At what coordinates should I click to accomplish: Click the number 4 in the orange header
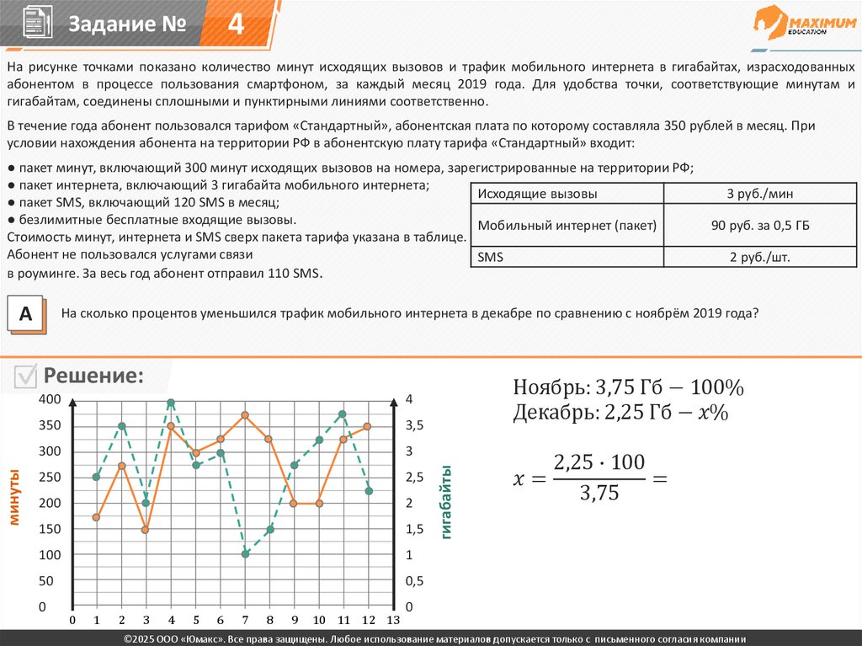coord(237,24)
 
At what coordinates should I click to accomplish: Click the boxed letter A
coord(26,314)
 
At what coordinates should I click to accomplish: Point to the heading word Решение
coord(93,376)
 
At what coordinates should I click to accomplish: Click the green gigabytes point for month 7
coord(246,553)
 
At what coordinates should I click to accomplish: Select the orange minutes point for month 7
coord(245,415)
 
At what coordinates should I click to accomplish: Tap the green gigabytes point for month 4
coord(172,403)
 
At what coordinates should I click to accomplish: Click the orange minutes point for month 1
coord(97,517)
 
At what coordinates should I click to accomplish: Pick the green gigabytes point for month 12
coord(369,491)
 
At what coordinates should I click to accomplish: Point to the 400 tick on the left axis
coord(51,399)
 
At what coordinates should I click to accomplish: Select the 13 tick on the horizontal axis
coord(392,621)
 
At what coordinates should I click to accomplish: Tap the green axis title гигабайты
coord(445,502)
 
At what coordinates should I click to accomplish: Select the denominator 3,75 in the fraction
coord(599,494)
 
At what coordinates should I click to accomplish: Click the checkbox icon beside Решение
coord(26,376)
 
